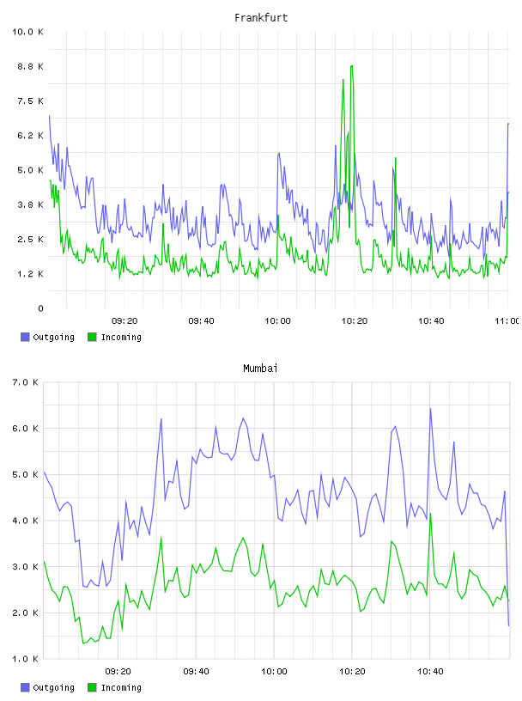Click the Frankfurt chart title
click(x=261, y=18)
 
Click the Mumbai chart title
click(x=260, y=369)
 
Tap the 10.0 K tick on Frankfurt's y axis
click(x=27, y=32)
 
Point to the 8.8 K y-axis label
click(x=30, y=67)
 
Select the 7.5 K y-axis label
click(x=30, y=101)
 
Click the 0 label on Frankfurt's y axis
click(x=40, y=308)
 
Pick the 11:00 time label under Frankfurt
click(x=507, y=321)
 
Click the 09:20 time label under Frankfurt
click(x=124, y=321)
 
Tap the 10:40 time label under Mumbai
click(x=430, y=672)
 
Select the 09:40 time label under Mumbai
click(x=197, y=672)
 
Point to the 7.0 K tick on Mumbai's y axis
click(x=26, y=382)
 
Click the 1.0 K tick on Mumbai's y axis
click(x=26, y=659)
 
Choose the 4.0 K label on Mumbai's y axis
click(x=26, y=521)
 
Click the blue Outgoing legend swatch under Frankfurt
click(x=25, y=337)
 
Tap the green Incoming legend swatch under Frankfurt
click(x=92, y=337)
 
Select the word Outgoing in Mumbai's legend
click(x=53, y=687)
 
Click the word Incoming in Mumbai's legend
click(x=121, y=687)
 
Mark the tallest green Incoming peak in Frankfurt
click(x=352, y=66)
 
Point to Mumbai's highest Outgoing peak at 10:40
click(x=430, y=408)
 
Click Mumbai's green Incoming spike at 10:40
click(x=430, y=513)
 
